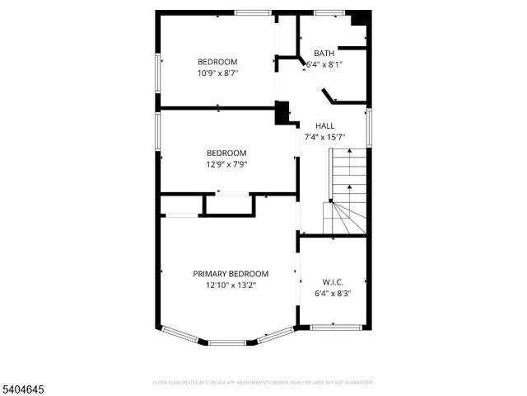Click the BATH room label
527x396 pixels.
click(x=324, y=53)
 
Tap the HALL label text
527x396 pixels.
click(x=324, y=126)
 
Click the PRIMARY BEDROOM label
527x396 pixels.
click(x=231, y=274)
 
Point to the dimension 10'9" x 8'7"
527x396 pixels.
click(x=217, y=73)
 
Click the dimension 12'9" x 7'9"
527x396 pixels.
click(x=226, y=163)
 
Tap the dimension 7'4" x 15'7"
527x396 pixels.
click(x=324, y=137)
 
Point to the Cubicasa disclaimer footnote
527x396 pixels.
click(x=263, y=382)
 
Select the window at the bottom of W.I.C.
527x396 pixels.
click(x=336, y=328)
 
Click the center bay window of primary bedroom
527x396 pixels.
click(x=226, y=342)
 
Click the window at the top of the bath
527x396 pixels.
click(x=329, y=12)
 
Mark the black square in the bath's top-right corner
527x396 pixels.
click(x=360, y=19)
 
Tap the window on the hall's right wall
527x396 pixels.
click(x=369, y=127)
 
